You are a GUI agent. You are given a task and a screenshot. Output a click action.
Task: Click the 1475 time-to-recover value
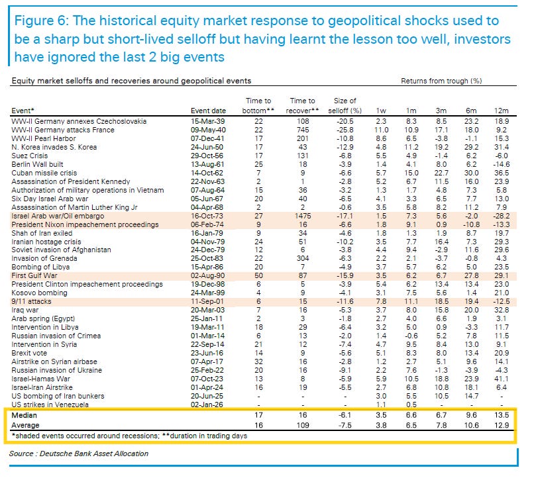point(302,216)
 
